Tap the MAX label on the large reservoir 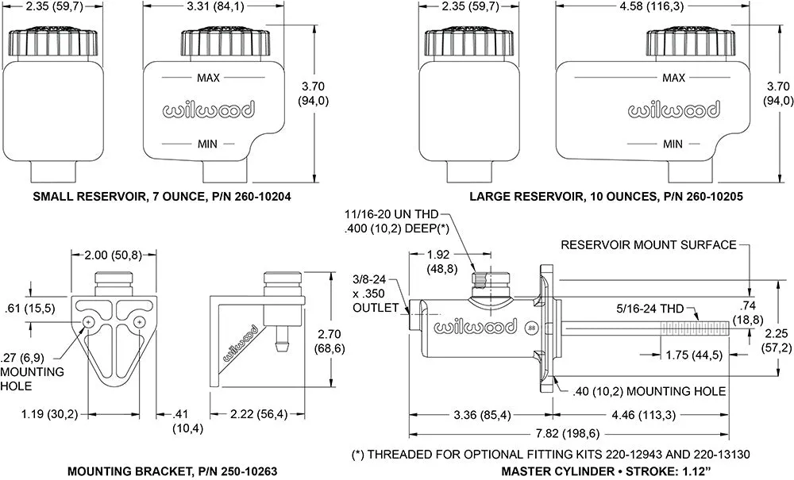point(673,78)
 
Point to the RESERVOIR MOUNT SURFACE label point(648,245)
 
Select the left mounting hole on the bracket point(88,321)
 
